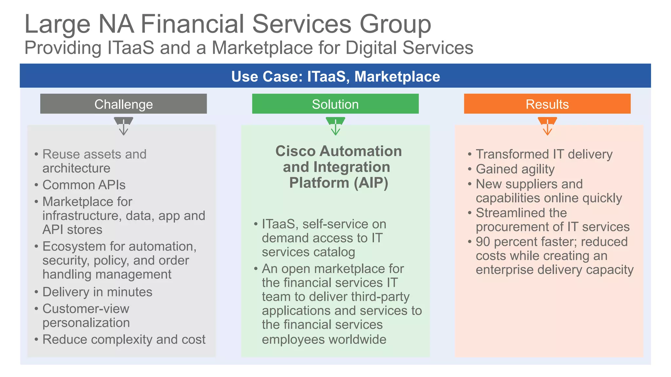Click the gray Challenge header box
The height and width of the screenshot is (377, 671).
[x=124, y=104]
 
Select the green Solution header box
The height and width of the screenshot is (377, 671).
[x=335, y=104]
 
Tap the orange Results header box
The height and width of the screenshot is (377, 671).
[x=547, y=104]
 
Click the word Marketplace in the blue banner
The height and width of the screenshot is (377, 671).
[x=397, y=77]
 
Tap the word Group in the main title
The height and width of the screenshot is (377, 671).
[x=395, y=25]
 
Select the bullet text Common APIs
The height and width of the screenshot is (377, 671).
[x=84, y=185]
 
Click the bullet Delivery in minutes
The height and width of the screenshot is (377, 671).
[x=97, y=292]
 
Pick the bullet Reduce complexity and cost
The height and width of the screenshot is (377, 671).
[x=124, y=339]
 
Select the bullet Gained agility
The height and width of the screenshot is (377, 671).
[x=515, y=169]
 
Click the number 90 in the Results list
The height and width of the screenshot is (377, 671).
[x=483, y=242]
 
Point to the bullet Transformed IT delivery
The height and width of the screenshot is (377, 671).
[x=544, y=154]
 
